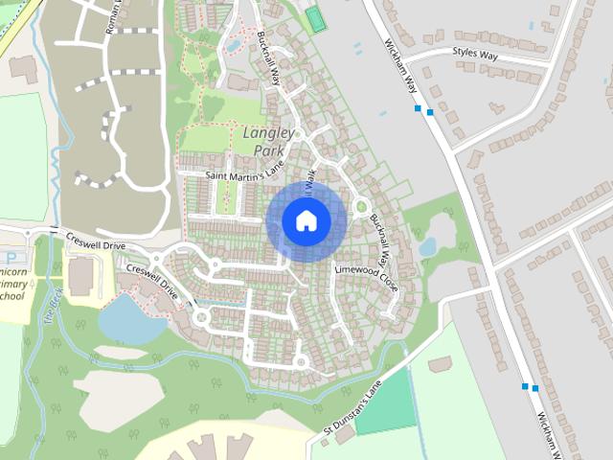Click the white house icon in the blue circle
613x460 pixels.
coord(306,220)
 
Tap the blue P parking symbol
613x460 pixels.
coord(11,258)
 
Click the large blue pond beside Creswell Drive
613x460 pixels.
coord(129,319)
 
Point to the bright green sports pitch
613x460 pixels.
coord(315,19)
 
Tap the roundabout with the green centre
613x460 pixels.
coord(361,206)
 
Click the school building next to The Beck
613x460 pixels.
coord(81,276)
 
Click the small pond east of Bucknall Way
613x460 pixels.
coord(427,246)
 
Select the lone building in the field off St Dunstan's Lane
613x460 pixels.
coord(441,364)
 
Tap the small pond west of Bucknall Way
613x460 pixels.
coord(233,44)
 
